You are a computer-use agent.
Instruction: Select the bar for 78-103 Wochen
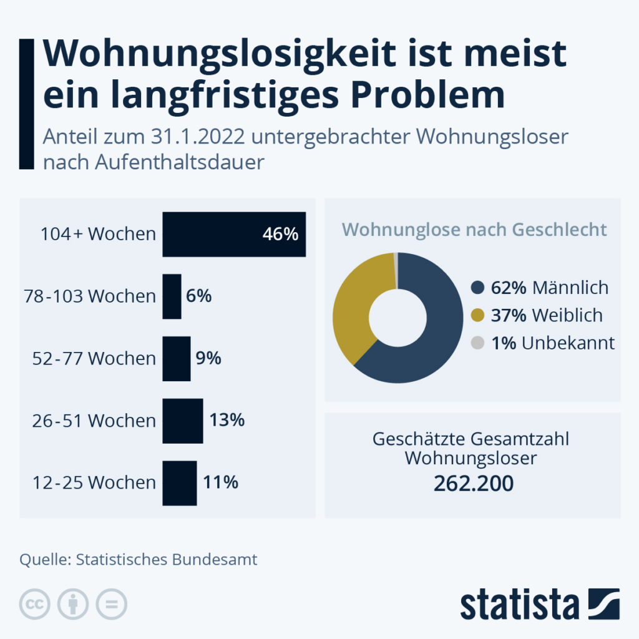172,296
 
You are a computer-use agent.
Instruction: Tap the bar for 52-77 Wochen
177,359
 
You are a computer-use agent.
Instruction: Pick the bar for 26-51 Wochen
183,421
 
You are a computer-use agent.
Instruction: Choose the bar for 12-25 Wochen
180,483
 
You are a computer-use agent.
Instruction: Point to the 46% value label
281,234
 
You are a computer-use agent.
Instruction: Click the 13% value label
227,421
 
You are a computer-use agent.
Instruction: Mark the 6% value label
199,296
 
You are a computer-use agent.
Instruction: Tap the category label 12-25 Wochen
94,483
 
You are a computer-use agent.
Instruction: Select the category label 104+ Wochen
98,235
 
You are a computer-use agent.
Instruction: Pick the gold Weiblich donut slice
353,306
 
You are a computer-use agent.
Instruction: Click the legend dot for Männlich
478,288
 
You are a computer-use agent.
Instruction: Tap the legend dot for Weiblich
478,315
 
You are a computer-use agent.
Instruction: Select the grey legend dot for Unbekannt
478,343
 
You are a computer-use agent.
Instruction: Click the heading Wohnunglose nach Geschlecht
474,230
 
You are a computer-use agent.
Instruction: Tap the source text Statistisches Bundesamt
167,560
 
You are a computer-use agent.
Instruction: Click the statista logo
540,605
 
